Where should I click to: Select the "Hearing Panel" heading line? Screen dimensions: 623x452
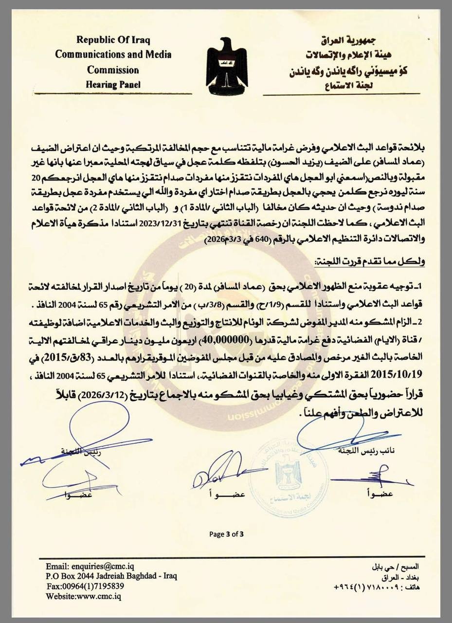113,85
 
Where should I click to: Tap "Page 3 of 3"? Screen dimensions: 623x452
226,534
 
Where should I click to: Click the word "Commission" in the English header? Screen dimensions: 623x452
113,69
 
